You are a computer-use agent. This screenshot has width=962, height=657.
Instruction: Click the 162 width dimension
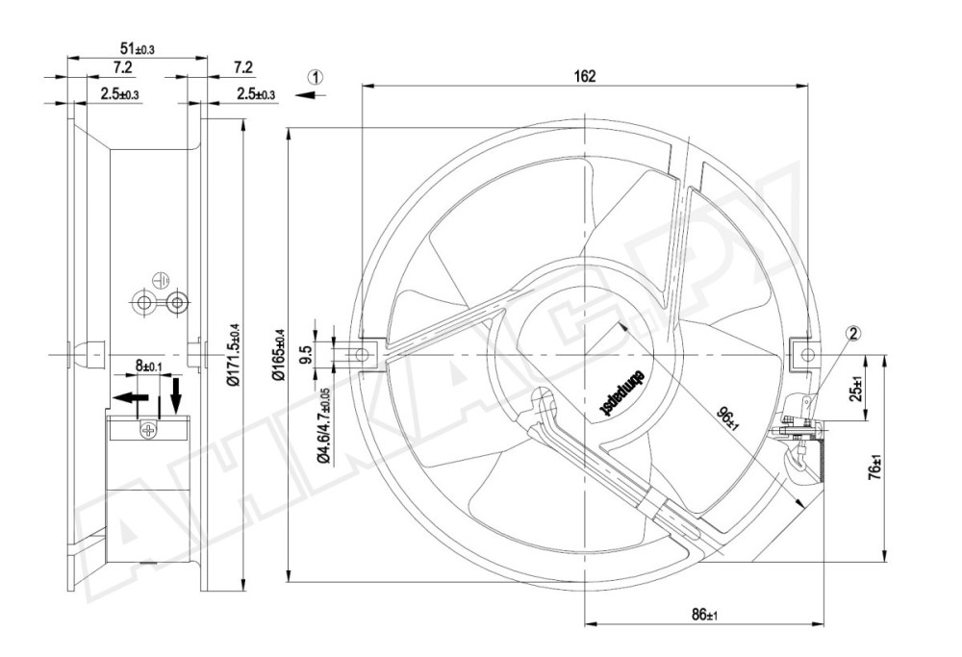pyautogui.click(x=584, y=76)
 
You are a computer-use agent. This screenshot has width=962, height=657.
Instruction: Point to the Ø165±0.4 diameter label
pyautogui.click(x=278, y=356)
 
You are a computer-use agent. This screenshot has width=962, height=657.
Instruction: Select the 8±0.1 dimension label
pyautogui.click(x=150, y=366)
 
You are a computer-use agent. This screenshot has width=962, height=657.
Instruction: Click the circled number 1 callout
pyautogui.click(x=316, y=76)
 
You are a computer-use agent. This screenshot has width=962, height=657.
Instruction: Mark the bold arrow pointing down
pyautogui.click(x=175, y=394)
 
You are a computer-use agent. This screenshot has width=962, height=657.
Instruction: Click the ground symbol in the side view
pyautogui.click(x=161, y=281)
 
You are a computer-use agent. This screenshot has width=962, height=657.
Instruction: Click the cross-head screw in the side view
pyautogui.click(x=146, y=430)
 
